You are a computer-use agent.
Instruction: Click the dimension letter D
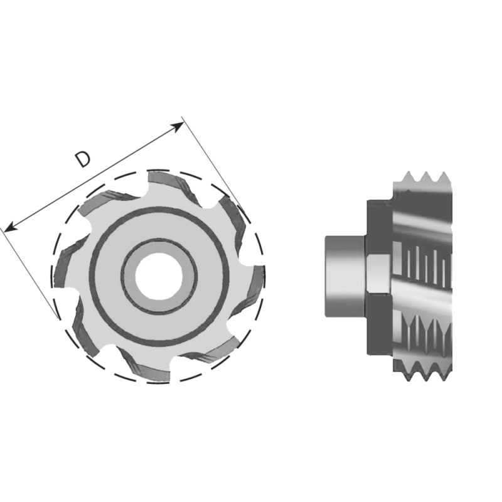(82, 159)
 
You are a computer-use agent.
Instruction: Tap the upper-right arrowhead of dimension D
(179, 125)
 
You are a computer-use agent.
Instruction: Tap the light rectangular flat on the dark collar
(378, 275)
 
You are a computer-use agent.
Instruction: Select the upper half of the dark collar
(378, 229)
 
